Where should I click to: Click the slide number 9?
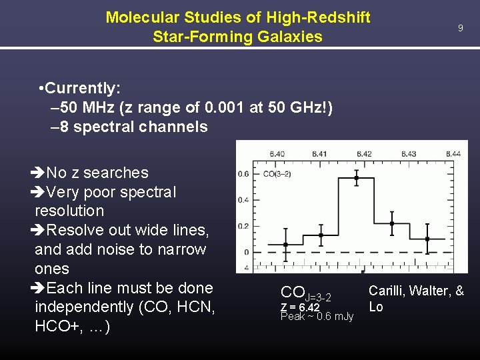pyautogui.click(x=459, y=28)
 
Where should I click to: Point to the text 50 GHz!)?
pyautogui.click(x=299, y=107)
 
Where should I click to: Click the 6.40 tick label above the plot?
pyautogui.click(x=276, y=153)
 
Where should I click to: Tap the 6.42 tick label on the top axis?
pyautogui.click(x=364, y=153)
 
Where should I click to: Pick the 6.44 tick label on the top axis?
pyautogui.click(x=451, y=153)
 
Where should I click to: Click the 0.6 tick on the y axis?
pyautogui.click(x=244, y=174)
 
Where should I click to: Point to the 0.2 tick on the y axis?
pyautogui.click(x=244, y=226)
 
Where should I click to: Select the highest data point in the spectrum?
pyautogui.click(x=357, y=178)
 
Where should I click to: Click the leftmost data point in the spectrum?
pyautogui.click(x=286, y=245)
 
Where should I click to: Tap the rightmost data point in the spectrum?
pyautogui.click(x=427, y=239)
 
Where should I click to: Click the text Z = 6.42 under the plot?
pyautogui.click(x=300, y=307)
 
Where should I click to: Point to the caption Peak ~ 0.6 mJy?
pyautogui.click(x=317, y=317)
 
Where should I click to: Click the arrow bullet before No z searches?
pyautogui.click(x=38, y=173)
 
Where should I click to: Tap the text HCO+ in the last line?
pyautogui.click(x=56, y=327)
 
